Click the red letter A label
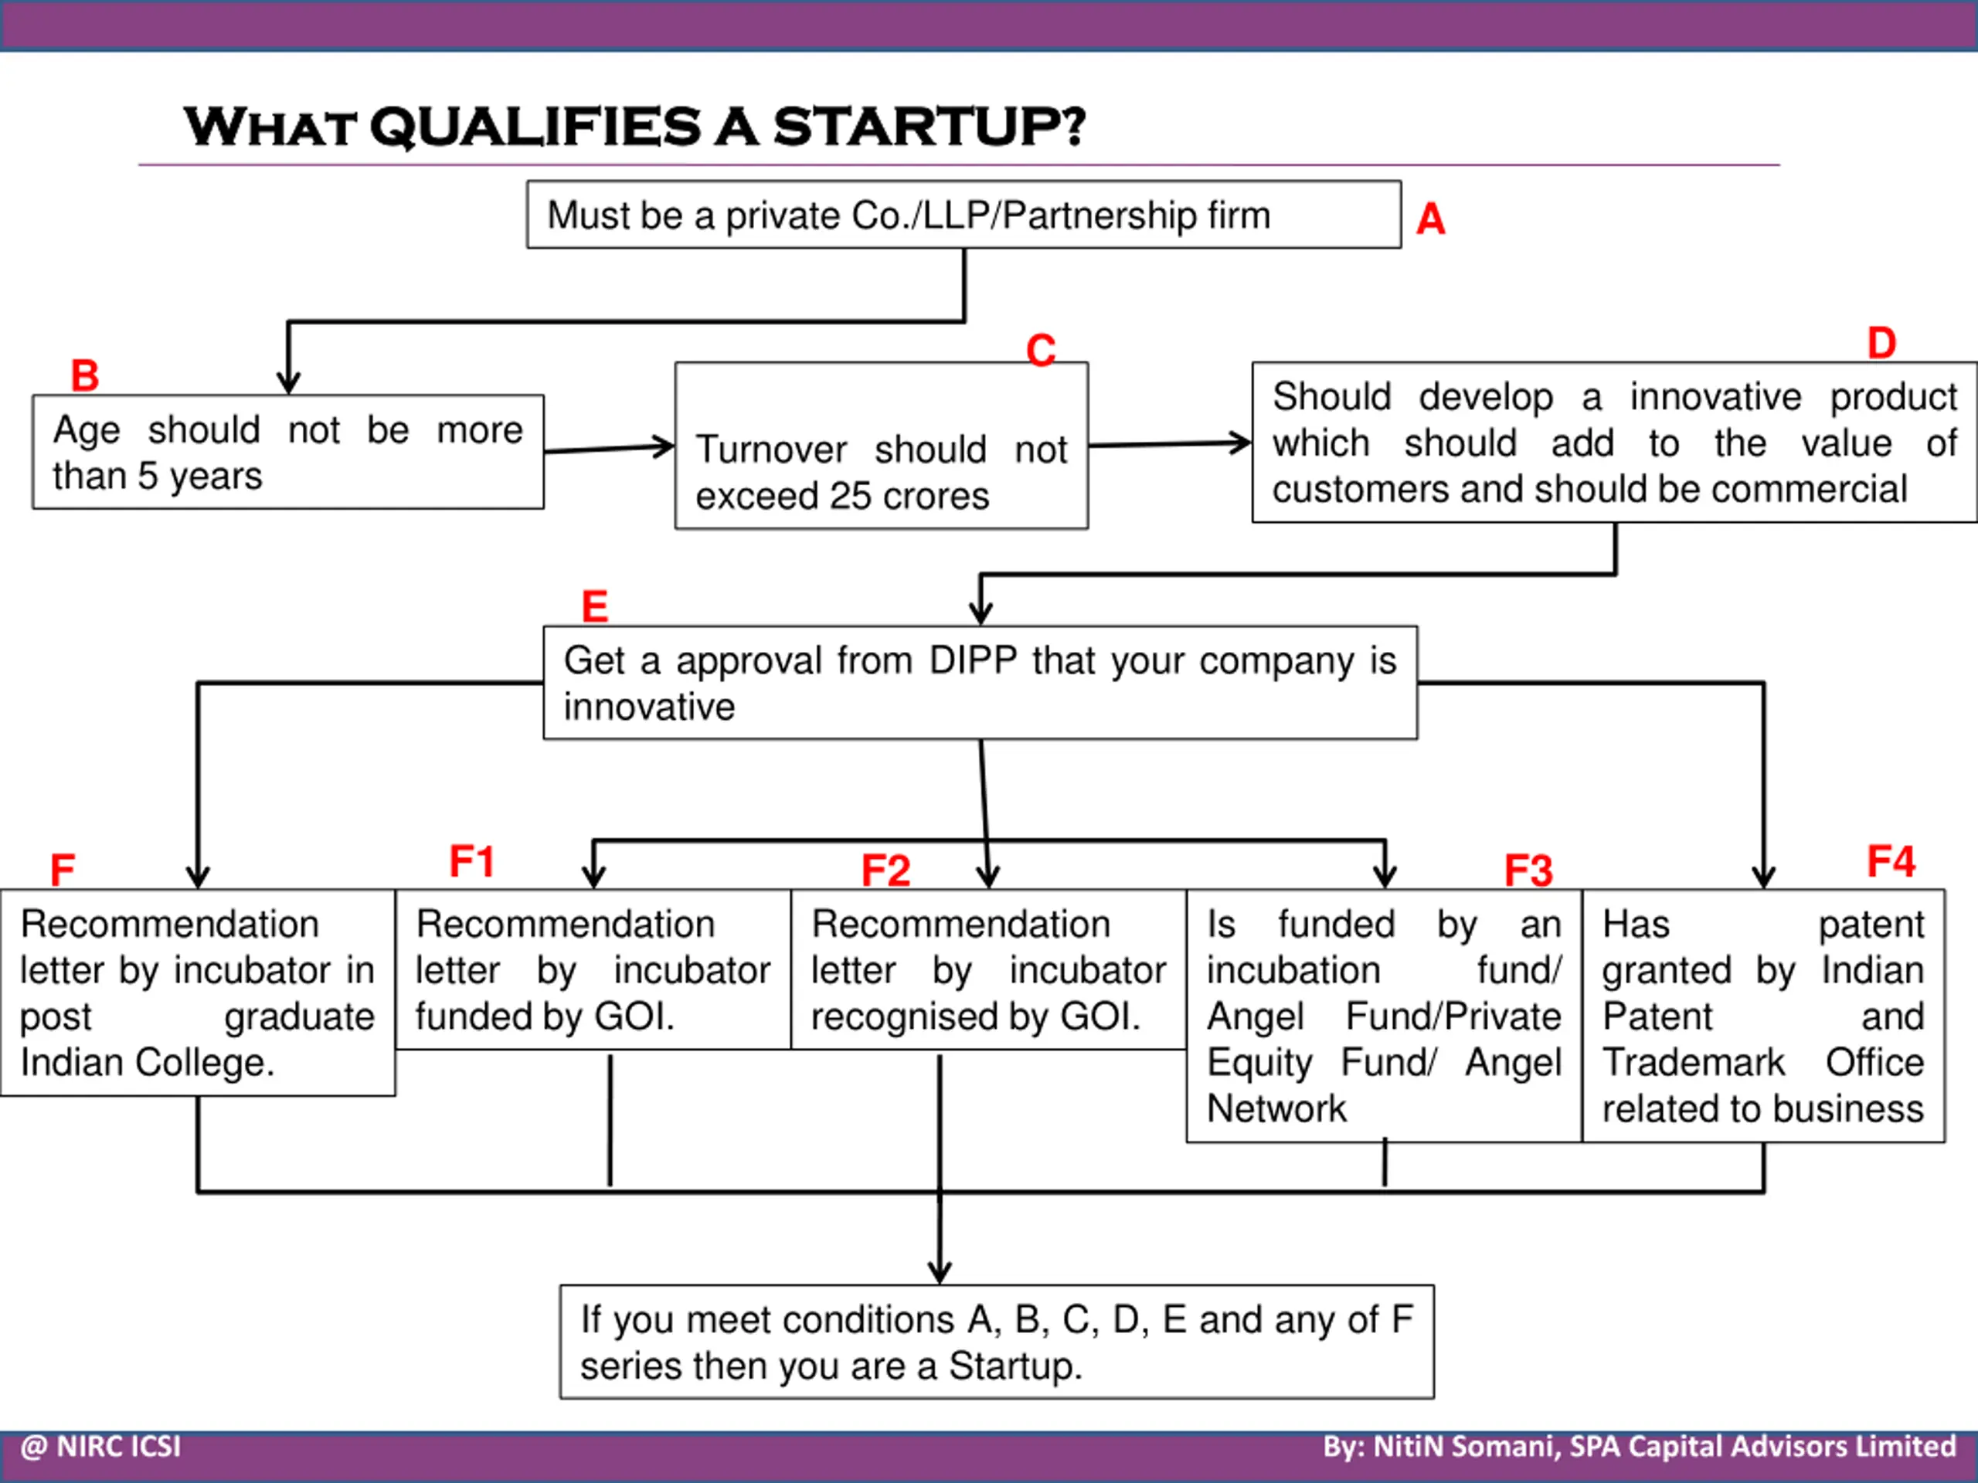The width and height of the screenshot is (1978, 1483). [x=1430, y=219]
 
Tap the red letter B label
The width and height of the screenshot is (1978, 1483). [x=85, y=375]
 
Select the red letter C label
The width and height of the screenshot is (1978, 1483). [x=1041, y=350]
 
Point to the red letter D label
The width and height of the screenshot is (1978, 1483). [x=1881, y=343]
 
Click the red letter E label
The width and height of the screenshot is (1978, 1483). [x=595, y=606]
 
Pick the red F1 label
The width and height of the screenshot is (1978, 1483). [x=471, y=862]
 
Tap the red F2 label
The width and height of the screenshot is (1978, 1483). [x=885, y=870]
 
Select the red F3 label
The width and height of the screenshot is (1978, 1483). [x=1528, y=870]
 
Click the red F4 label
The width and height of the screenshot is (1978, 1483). [x=1891, y=862]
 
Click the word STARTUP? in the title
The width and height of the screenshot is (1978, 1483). [x=928, y=126]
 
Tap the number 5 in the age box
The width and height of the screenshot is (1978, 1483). [x=148, y=477]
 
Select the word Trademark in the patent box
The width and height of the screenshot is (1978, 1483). [x=1693, y=1063]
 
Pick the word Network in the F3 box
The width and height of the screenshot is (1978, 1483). [x=1276, y=1109]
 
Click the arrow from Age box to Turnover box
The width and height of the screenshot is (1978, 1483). [x=609, y=448]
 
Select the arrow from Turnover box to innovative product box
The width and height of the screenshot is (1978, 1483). [x=1170, y=443]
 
